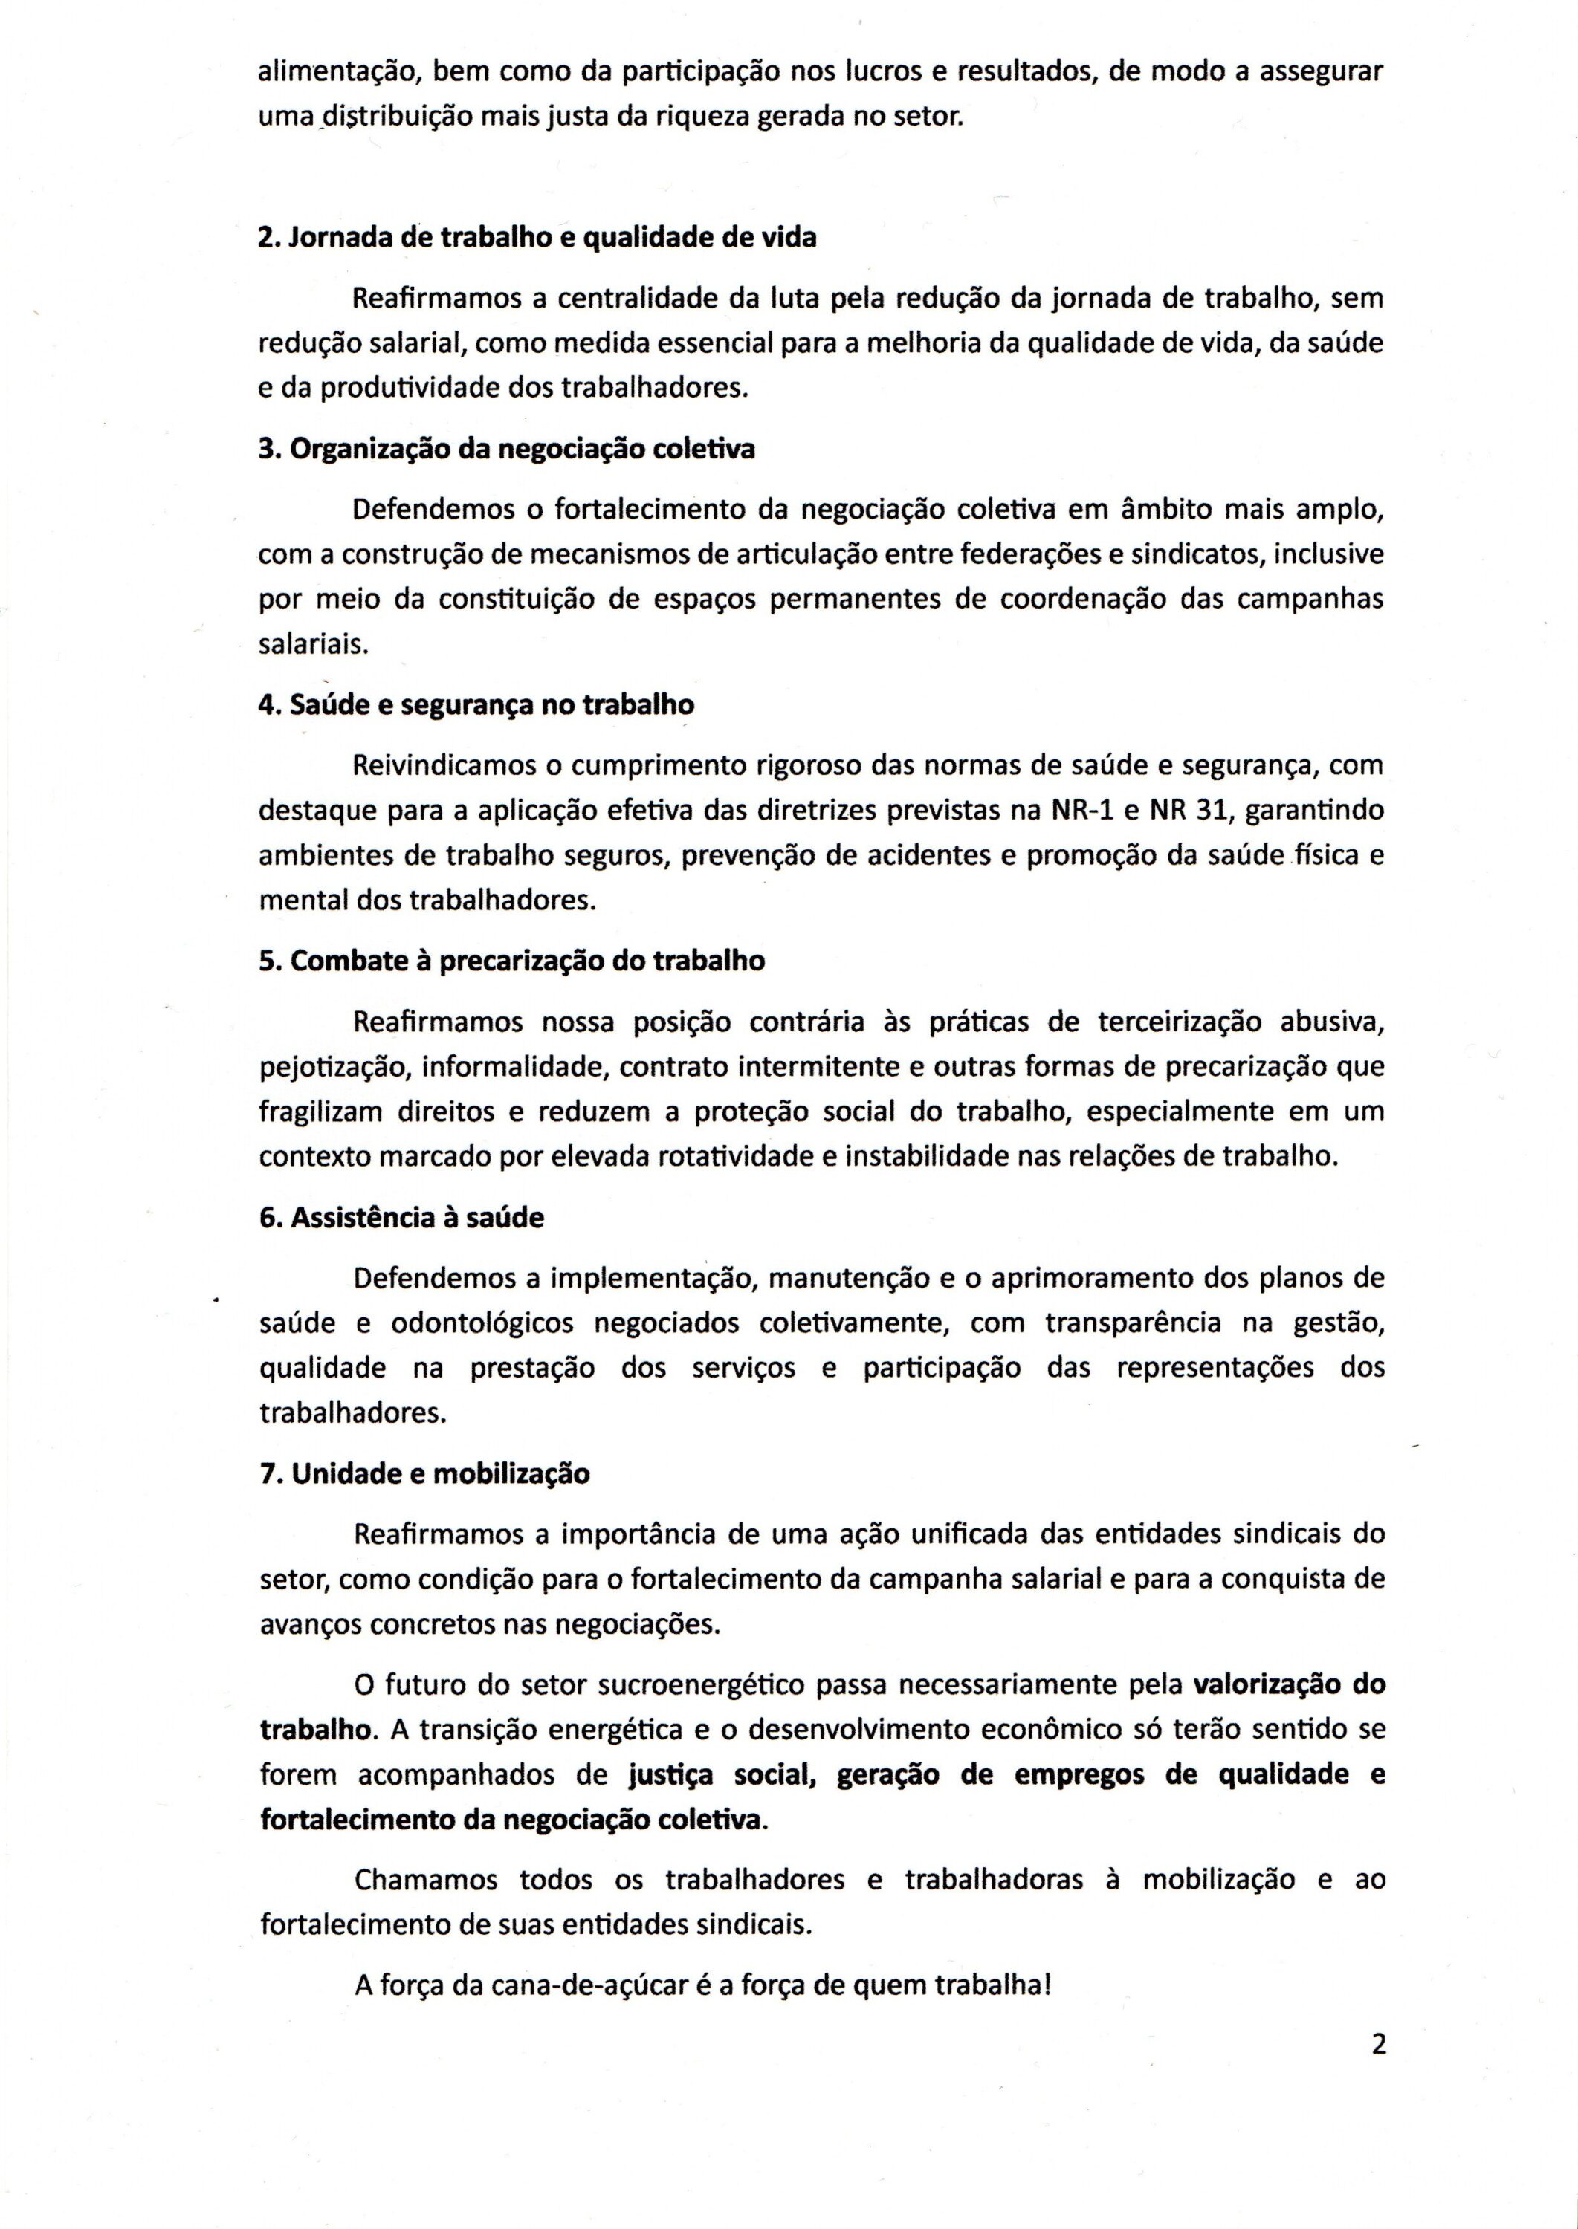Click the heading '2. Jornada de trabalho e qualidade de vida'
537,237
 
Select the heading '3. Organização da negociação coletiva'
506,450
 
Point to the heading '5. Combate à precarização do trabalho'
512,961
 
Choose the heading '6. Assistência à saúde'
401,1217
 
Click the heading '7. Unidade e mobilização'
424,1473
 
